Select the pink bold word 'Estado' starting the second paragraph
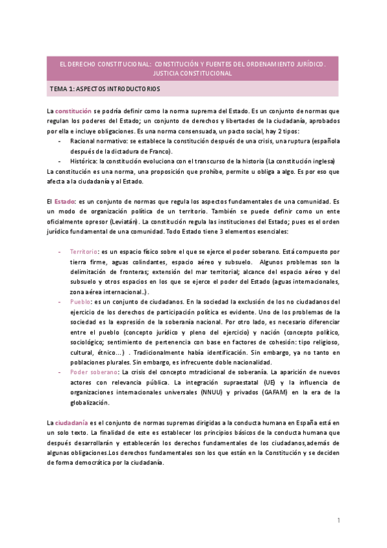click(x=64, y=202)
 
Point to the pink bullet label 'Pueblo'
click(x=81, y=301)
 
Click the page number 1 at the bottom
click(x=339, y=521)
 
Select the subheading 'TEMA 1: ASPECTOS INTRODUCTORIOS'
click(x=104, y=89)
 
